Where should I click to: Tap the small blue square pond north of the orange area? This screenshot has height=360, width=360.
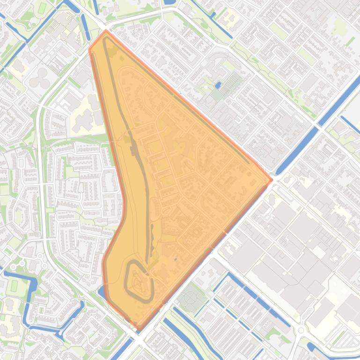point(218,85)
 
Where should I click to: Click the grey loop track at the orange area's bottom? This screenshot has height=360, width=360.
point(139,281)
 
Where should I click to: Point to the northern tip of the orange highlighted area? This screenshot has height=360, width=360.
point(106,31)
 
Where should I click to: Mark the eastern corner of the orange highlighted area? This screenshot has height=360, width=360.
point(272,180)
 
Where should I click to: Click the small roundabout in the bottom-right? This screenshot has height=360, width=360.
point(301,330)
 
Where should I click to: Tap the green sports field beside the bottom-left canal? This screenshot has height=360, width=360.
point(14,285)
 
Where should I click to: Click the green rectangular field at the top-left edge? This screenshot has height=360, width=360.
point(42,8)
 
